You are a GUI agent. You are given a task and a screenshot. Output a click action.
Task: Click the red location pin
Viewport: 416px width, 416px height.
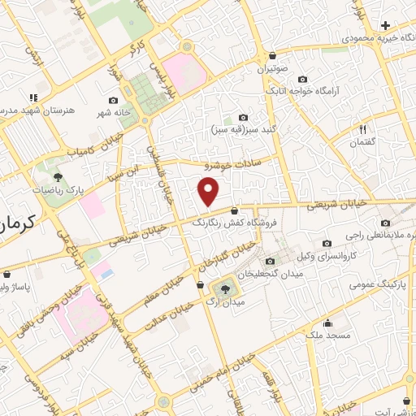(x=209, y=192)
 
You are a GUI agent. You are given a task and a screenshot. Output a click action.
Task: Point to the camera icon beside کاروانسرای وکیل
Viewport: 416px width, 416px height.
(x=327, y=243)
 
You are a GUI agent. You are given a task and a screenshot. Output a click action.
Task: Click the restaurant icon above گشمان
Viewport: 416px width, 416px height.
(x=363, y=129)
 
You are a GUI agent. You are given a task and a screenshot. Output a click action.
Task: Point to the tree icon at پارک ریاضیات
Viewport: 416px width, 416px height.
(x=58, y=176)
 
